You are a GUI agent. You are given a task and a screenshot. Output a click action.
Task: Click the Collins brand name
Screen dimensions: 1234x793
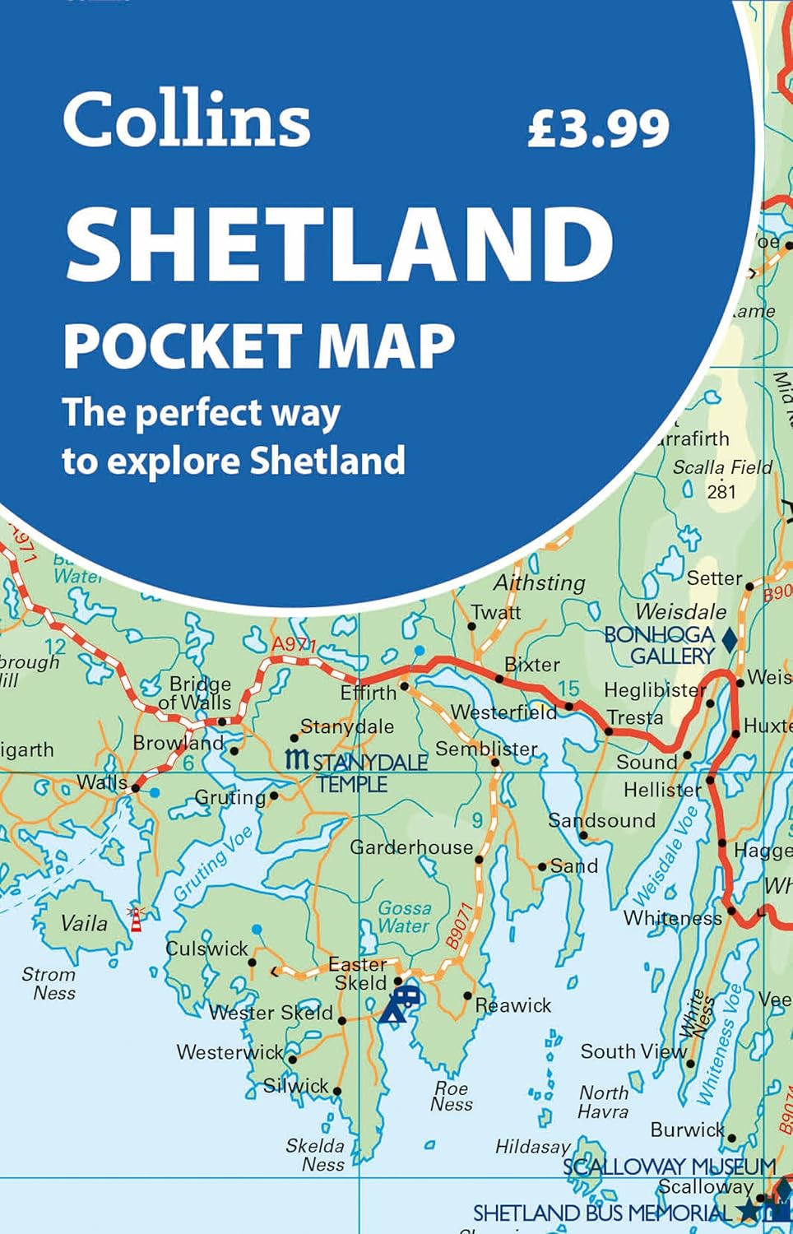187,120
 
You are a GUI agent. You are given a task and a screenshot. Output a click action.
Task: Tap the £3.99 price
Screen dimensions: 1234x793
598,128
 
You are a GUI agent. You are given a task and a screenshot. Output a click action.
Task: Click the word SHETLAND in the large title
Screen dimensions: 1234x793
339,244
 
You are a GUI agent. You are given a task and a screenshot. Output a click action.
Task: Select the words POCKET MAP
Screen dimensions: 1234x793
259,346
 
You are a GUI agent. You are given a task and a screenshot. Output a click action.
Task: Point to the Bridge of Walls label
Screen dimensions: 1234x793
196,694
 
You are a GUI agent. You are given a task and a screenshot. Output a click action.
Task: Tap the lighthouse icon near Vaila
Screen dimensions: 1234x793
137,918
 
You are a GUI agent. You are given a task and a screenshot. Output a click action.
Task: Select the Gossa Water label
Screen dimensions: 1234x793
404,916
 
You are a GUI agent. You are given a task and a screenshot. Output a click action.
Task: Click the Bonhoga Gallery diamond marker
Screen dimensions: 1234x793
729,638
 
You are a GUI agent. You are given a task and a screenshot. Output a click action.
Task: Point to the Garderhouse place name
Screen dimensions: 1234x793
411,847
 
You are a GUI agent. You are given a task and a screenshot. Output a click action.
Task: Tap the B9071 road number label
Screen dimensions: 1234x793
461,927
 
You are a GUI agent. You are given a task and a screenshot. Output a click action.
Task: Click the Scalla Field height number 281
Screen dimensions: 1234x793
721,492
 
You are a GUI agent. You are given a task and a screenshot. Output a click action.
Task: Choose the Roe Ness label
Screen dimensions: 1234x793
452,1097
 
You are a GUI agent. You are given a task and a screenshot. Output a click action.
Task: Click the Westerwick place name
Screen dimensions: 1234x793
230,1052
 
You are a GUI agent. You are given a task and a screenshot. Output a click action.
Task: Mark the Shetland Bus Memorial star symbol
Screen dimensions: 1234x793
748,1211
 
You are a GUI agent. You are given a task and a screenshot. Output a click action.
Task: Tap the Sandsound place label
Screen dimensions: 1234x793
601,820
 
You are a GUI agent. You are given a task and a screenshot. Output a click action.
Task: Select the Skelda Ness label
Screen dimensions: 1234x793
315,1154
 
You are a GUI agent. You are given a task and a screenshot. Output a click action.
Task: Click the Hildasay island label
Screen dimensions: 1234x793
532,1147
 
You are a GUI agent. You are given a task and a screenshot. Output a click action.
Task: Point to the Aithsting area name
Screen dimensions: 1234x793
539,583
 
